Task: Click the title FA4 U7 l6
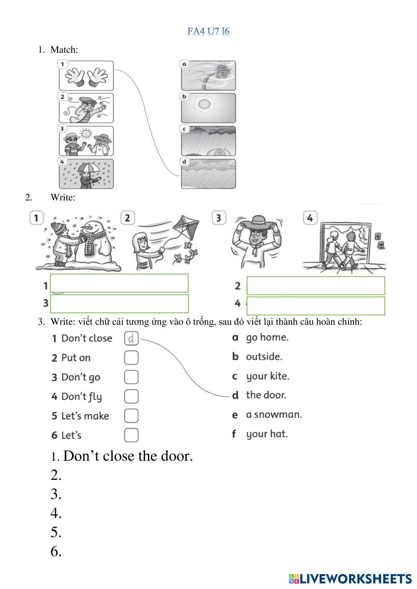208,31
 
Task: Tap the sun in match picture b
204,105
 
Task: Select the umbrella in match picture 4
89,167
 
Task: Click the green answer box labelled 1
119,283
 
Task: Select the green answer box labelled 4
316,306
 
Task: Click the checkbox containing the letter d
131,338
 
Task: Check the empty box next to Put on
131,358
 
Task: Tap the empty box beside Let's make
131,416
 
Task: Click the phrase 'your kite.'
267,376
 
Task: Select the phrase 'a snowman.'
274,414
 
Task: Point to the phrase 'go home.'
267,337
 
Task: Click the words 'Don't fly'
81,397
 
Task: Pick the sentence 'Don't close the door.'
128,456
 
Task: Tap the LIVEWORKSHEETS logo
350,579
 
